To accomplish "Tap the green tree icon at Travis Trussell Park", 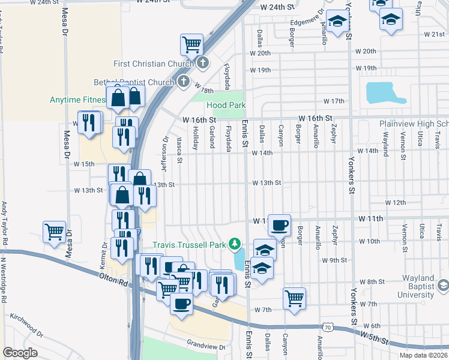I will [236, 244].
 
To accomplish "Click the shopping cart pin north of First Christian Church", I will [191, 44].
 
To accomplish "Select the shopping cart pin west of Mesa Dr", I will [55, 231].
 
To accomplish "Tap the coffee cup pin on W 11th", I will [279, 225].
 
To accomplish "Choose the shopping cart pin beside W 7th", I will [294, 298].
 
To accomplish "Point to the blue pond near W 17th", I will [385, 93].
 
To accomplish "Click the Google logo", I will [20, 353].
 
